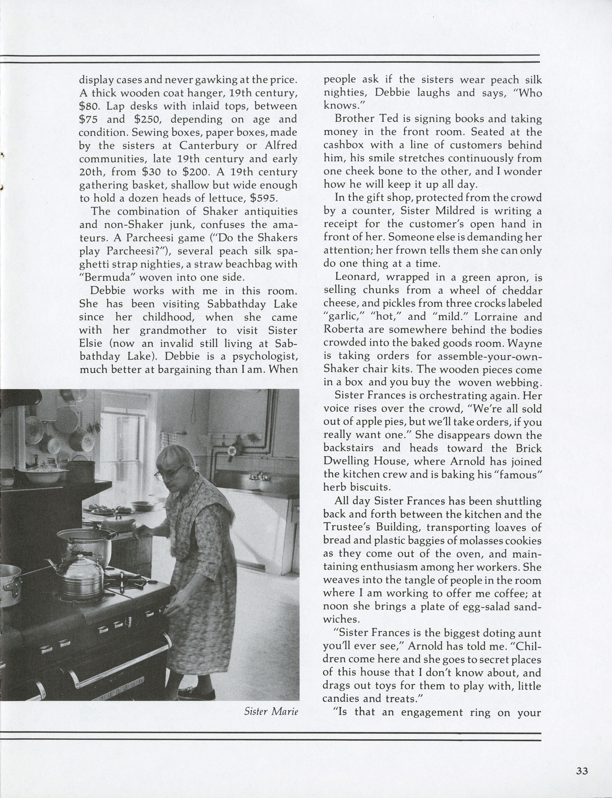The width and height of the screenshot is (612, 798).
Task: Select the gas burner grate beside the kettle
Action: (x=133, y=583)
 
